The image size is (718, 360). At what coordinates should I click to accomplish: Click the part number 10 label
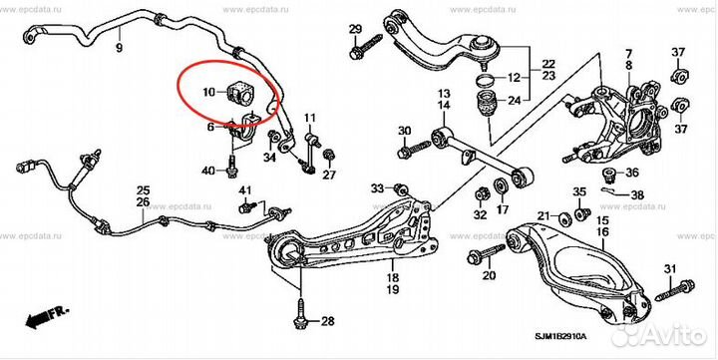pyautogui.click(x=208, y=93)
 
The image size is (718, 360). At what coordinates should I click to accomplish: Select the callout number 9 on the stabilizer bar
pyautogui.click(x=119, y=47)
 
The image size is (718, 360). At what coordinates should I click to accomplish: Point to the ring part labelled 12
pyautogui.click(x=485, y=79)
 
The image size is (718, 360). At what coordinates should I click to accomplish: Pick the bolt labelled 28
pyautogui.click(x=300, y=315)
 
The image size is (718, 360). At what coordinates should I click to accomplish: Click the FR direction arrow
pyautogui.click(x=46, y=317)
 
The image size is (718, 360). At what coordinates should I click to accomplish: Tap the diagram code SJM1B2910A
pyautogui.click(x=560, y=337)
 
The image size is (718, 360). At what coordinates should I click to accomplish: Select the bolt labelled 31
pyautogui.click(x=674, y=290)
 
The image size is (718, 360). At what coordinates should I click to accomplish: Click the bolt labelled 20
pyautogui.click(x=486, y=253)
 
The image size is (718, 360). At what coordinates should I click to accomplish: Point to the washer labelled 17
pyautogui.click(x=502, y=186)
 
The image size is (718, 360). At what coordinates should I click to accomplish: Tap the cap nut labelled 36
pyautogui.click(x=608, y=175)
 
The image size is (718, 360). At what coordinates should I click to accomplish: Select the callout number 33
pyautogui.click(x=377, y=187)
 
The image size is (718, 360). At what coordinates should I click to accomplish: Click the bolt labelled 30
pyautogui.click(x=414, y=150)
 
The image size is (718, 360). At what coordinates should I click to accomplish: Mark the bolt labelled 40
pyautogui.click(x=232, y=166)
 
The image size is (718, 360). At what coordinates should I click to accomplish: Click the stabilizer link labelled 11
pyautogui.click(x=309, y=152)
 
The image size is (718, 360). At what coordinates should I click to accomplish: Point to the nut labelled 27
pyautogui.click(x=328, y=156)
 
